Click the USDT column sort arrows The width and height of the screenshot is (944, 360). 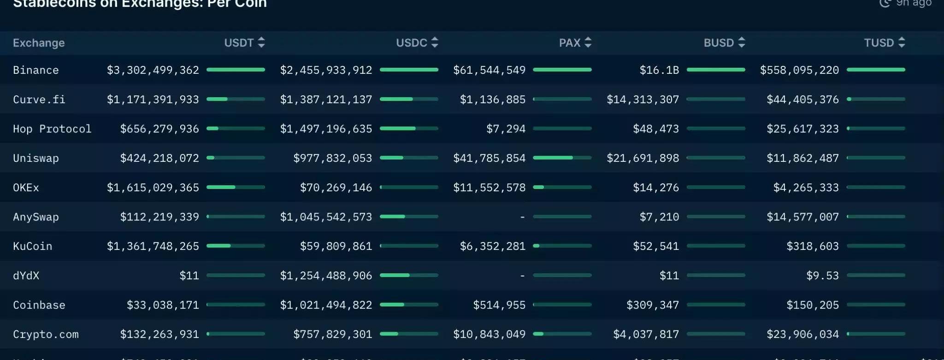(261, 43)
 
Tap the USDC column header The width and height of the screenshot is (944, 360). (411, 43)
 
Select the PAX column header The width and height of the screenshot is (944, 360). (569, 43)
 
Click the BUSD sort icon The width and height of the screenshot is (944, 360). (742, 43)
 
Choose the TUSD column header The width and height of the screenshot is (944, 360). (879, 43)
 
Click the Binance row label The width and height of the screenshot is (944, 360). (36, 70)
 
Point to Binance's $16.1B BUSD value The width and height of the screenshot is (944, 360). (659, 70)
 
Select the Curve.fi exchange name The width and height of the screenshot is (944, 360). (39, 100)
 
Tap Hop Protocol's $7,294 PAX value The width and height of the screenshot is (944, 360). (506, 129)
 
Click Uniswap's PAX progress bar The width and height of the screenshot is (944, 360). (562, 158)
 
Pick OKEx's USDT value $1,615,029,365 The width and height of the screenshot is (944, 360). (153, 188)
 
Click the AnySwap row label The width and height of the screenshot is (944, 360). (36, 217)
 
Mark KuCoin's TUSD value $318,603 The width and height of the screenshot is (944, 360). (812, 246)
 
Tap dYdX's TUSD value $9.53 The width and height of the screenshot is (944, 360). (822, 276)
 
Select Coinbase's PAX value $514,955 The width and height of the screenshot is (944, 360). (499, 305)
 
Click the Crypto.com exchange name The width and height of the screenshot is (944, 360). (46, 334)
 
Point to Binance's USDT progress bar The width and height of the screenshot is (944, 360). (236, 70)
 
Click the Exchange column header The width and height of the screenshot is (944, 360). (39, 43)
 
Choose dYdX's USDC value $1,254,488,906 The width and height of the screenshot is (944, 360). (326, 276)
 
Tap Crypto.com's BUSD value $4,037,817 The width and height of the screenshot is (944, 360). (646, 334)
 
